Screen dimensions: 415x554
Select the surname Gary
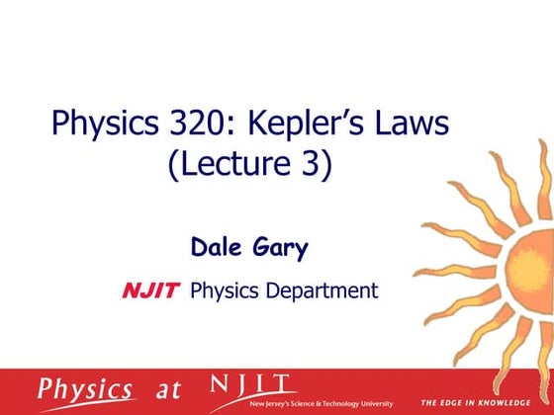[282, 247]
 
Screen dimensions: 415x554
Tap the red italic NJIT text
[150, 290]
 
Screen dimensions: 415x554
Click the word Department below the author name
[320, 290]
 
